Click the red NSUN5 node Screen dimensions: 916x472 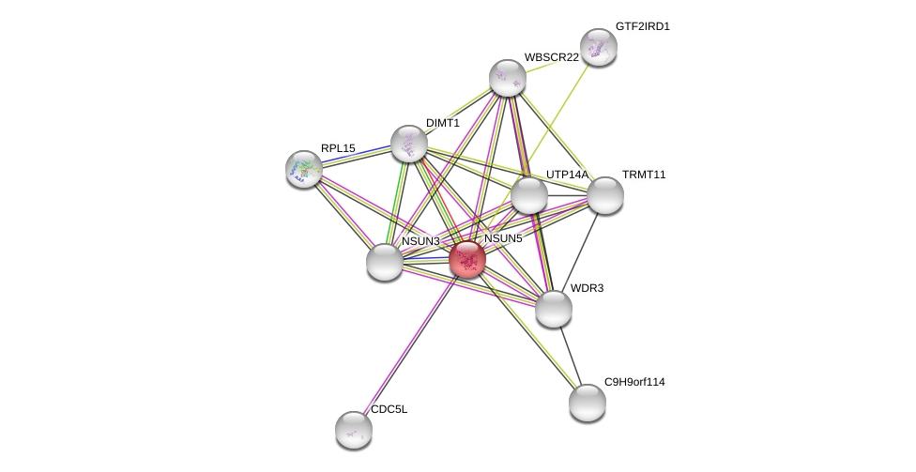[467, 259]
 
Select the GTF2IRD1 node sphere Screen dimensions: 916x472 [598, 47]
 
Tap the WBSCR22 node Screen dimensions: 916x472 [508, 78]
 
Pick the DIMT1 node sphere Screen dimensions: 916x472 [408, 144]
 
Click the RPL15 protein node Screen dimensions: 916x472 [304, 170]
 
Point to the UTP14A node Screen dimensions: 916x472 [529, 195]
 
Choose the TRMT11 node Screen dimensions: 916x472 [605, 195]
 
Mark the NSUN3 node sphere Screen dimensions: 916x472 [385, 262]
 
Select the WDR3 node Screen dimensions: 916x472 [553, 309]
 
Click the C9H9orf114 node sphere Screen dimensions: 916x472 [588, 403]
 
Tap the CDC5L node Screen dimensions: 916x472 [354, 430]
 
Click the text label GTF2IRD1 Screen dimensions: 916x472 [643, 27]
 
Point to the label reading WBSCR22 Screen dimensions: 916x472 [552, 57]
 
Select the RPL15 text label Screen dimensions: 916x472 [338, 148]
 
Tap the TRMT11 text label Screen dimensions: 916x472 [644, 175]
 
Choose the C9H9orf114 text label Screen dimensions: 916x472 [634, 382]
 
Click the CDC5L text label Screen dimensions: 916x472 [389, 409]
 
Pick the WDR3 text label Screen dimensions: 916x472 [588, 288]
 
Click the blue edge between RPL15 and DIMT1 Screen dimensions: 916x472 [356, 154]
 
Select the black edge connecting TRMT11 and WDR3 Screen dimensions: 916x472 [580, 252]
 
